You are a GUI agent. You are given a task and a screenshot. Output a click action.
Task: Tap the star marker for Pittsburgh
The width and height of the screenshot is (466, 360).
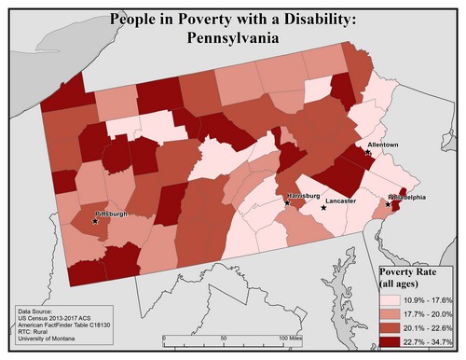tap(95, 221)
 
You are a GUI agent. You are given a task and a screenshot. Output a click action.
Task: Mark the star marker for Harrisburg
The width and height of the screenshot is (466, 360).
tap(286, 201)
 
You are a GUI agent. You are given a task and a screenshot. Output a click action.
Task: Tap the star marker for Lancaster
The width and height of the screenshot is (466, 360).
tap(323, 207)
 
